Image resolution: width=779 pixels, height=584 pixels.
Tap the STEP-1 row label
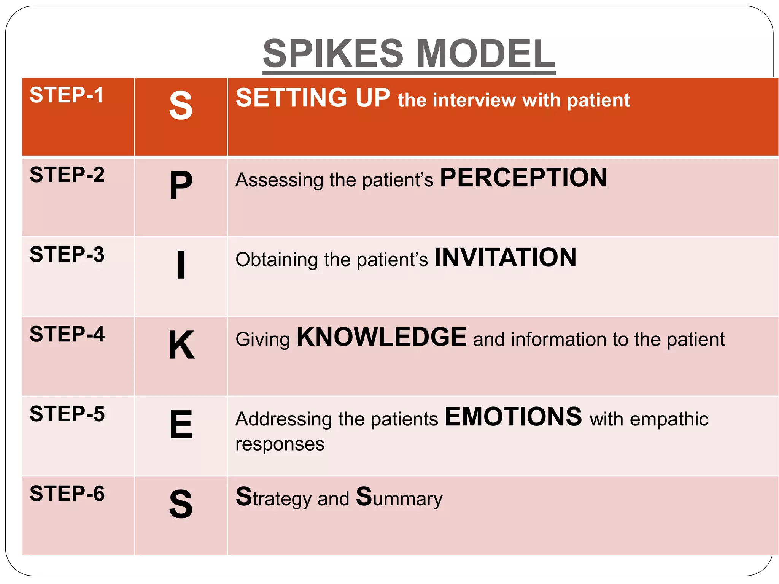point(67,95)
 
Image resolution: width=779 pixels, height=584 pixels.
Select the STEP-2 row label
point(67,175)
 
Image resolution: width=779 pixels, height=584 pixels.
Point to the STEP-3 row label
point(67,254)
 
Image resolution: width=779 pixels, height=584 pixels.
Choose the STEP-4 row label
point(67,334)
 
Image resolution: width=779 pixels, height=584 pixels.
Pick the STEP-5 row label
point(67,414)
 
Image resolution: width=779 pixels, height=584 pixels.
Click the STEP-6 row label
point(67,494)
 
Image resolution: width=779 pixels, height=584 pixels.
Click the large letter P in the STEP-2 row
point(181,186)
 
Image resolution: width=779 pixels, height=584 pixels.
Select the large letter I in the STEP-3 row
point(181,265)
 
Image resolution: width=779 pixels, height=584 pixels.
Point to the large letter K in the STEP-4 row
point(181,345)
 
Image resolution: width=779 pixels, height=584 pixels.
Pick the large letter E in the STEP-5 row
point(181,424)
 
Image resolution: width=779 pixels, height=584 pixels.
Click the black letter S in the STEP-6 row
point(181,504)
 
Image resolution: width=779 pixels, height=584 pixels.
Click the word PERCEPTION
point(523,178)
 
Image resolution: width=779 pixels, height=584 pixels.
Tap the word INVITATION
point(505,257)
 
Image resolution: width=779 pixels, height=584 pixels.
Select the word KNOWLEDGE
point(382,337)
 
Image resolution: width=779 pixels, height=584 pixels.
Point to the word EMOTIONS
point(513,417)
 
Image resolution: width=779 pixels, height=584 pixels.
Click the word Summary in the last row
point(399,497)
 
